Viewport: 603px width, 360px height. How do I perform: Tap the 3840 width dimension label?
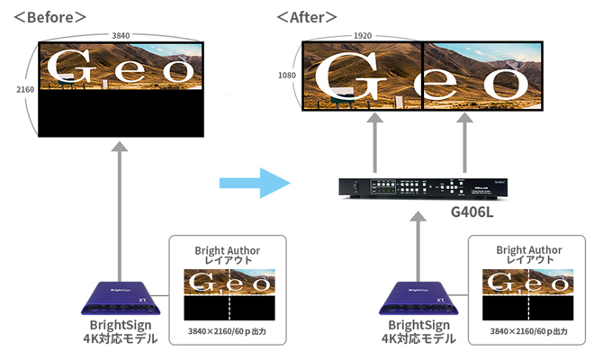point(120,35)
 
